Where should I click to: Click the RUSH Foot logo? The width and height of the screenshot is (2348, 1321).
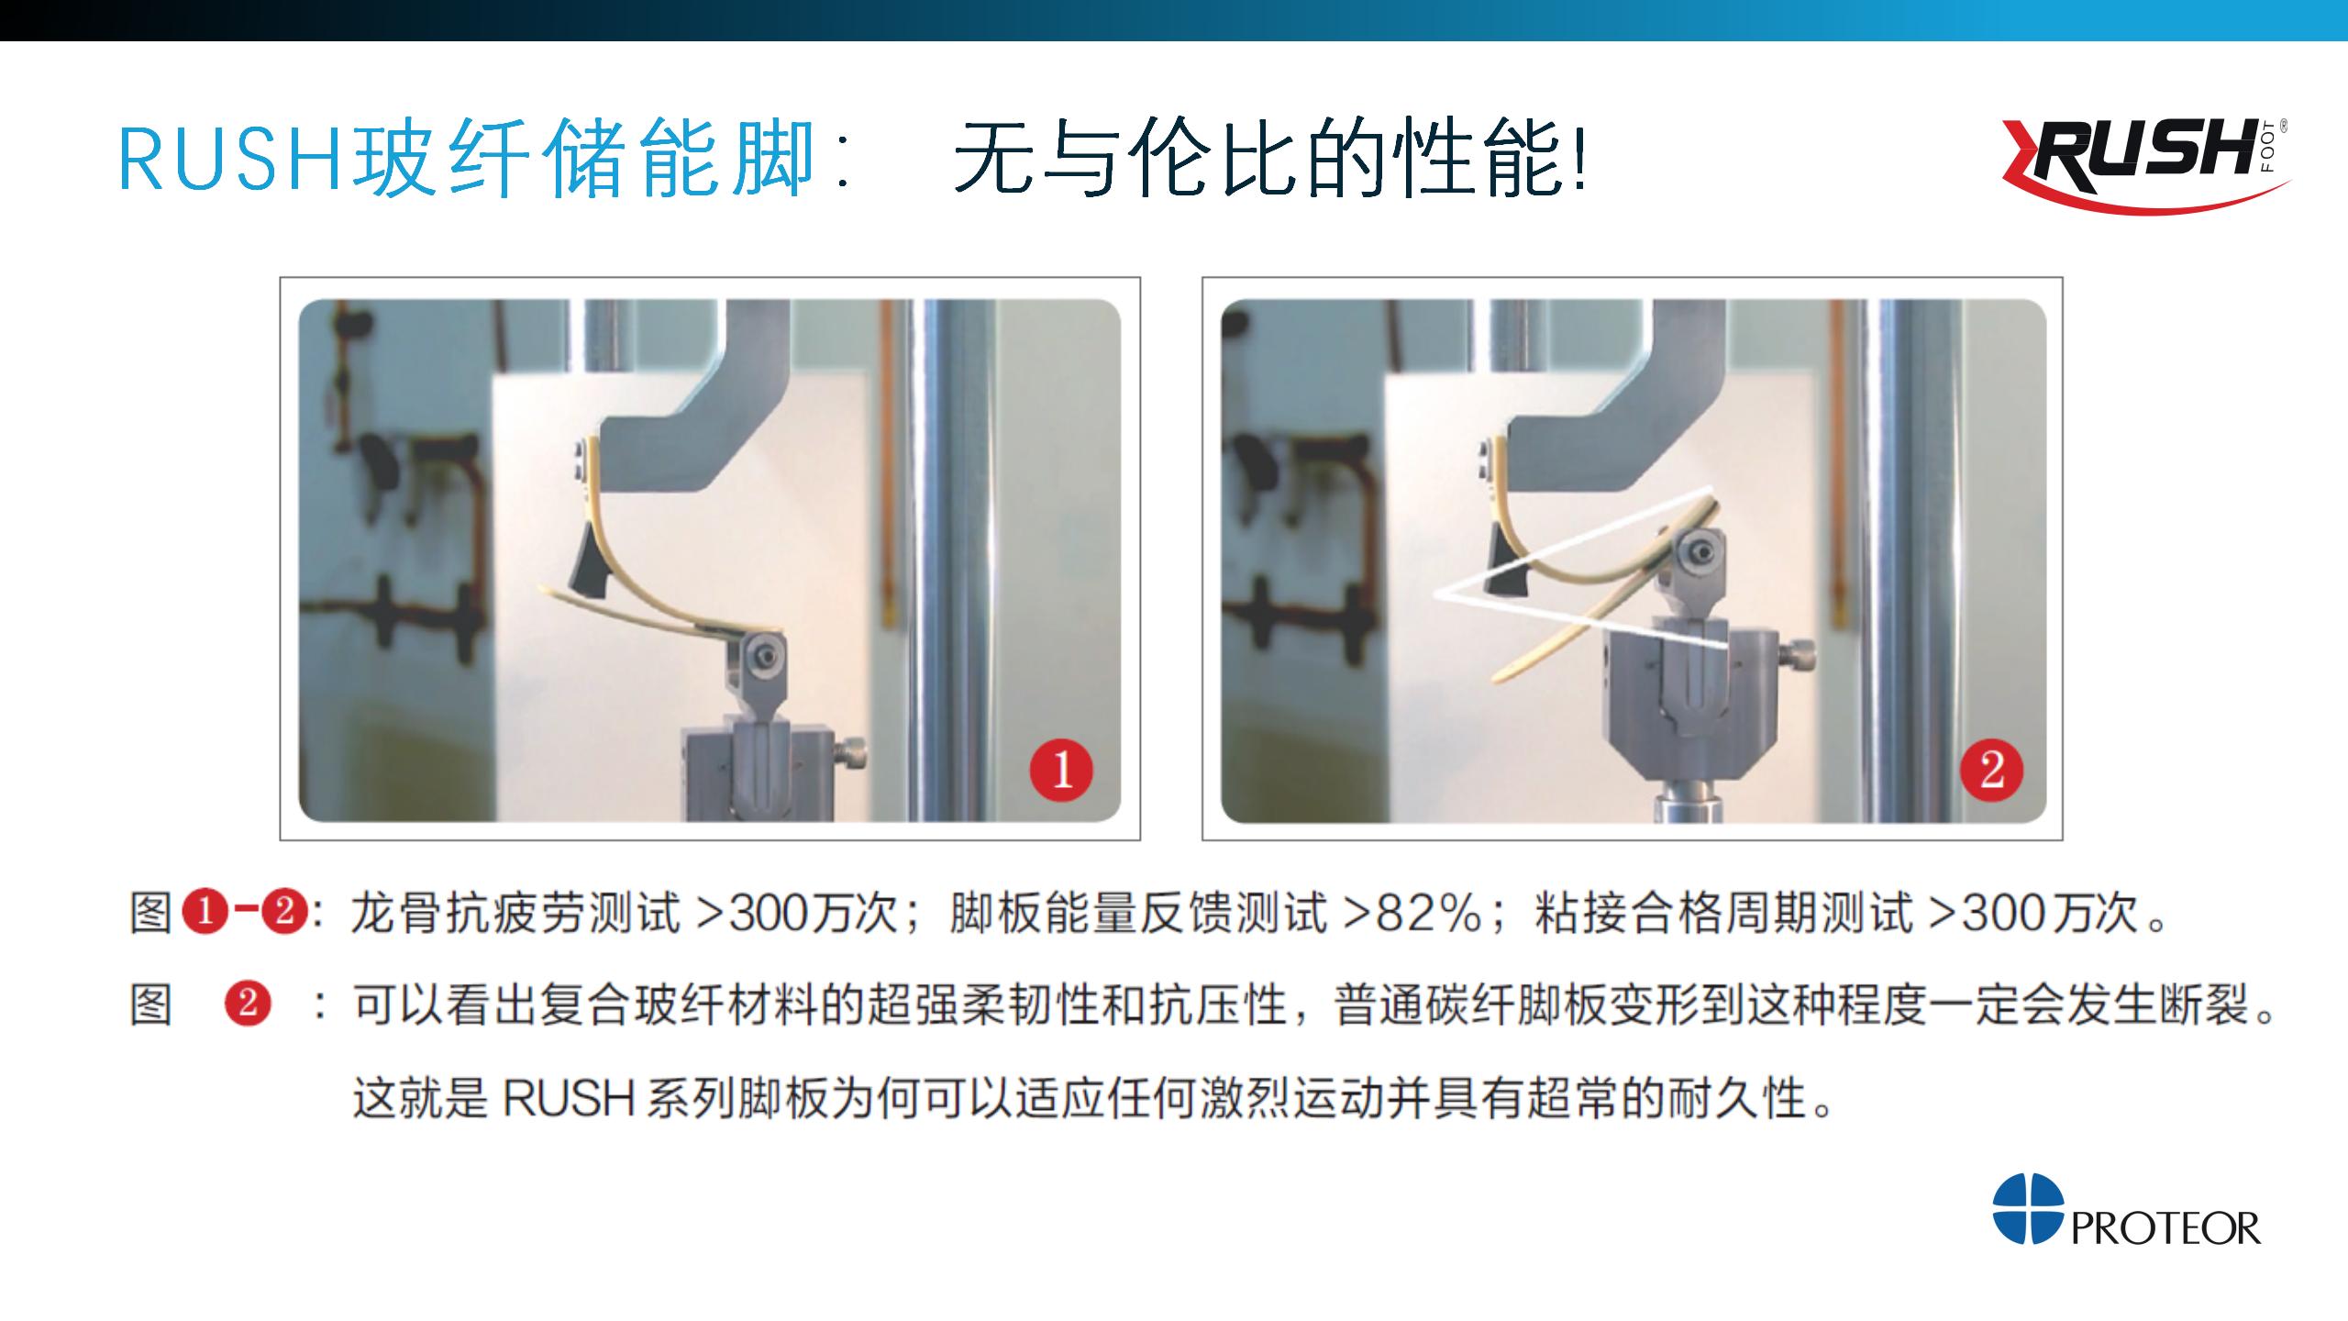click(x=2144, y=166)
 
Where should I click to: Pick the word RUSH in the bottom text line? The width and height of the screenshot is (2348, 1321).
click(x=569, y=1098)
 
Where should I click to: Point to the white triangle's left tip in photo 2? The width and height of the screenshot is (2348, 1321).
click(x=1436, y=594)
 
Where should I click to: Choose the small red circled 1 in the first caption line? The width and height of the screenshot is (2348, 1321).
click(x=205, y=913)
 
